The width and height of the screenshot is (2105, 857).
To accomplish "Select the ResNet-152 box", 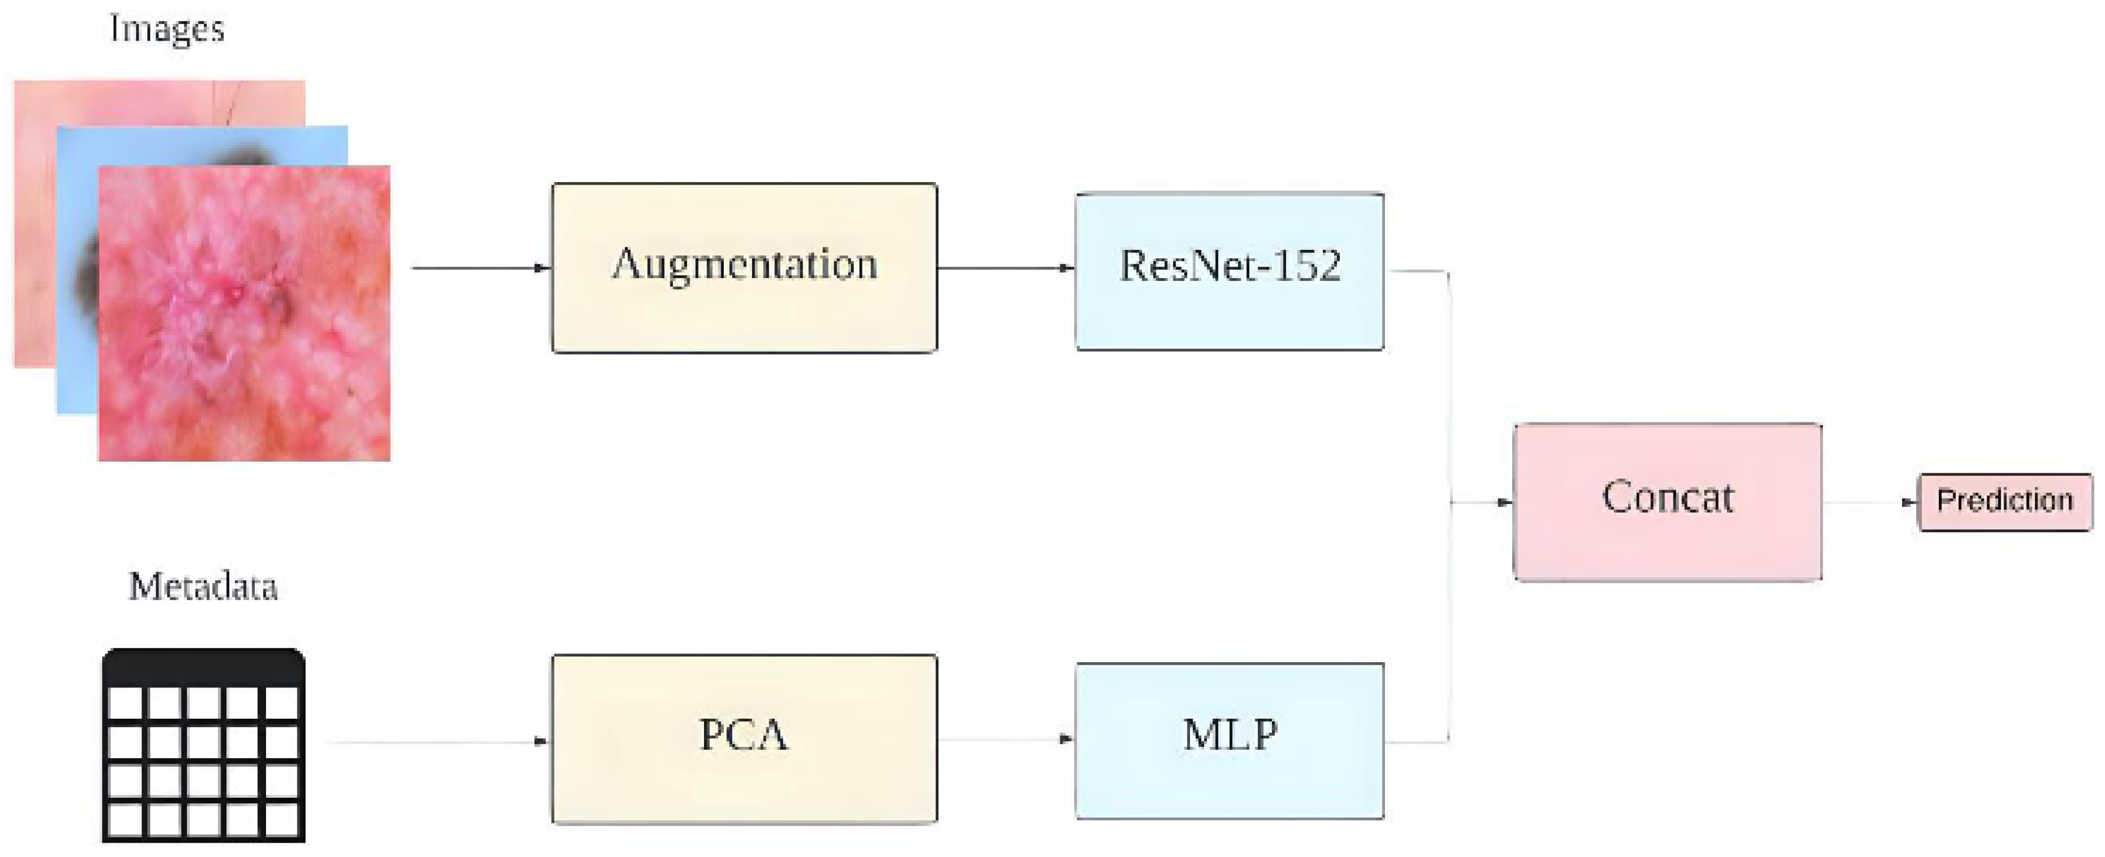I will (1229, 271).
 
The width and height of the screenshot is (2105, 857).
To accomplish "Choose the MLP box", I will (1229, 740).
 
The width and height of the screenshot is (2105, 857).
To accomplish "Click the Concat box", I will (1667, 501).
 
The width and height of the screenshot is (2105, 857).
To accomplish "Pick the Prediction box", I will (2005, 501).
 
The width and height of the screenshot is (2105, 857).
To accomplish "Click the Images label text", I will (167, 29).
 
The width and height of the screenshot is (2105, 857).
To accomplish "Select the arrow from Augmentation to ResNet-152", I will (1005, 267).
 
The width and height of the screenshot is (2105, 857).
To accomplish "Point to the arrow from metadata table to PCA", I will (437, 742).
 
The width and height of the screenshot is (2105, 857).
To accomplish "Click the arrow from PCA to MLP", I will (1005, 740).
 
